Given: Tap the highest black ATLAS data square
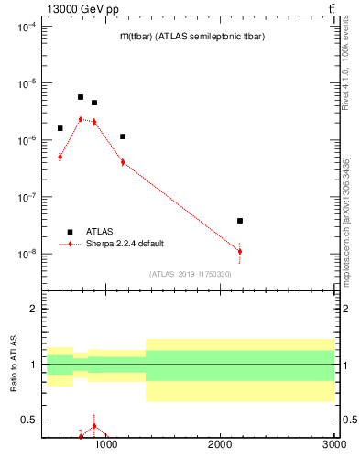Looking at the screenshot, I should coord(81,97).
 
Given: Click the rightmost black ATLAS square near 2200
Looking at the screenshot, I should coord(240,221).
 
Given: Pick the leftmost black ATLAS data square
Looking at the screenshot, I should coord(60,128).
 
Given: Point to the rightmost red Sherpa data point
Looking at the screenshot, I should coord(240,251).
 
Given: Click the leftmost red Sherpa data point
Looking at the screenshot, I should coord(60,157).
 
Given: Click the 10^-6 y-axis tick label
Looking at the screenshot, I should coord(26,140).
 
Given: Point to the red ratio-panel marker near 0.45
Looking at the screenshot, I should coord(94,426).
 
